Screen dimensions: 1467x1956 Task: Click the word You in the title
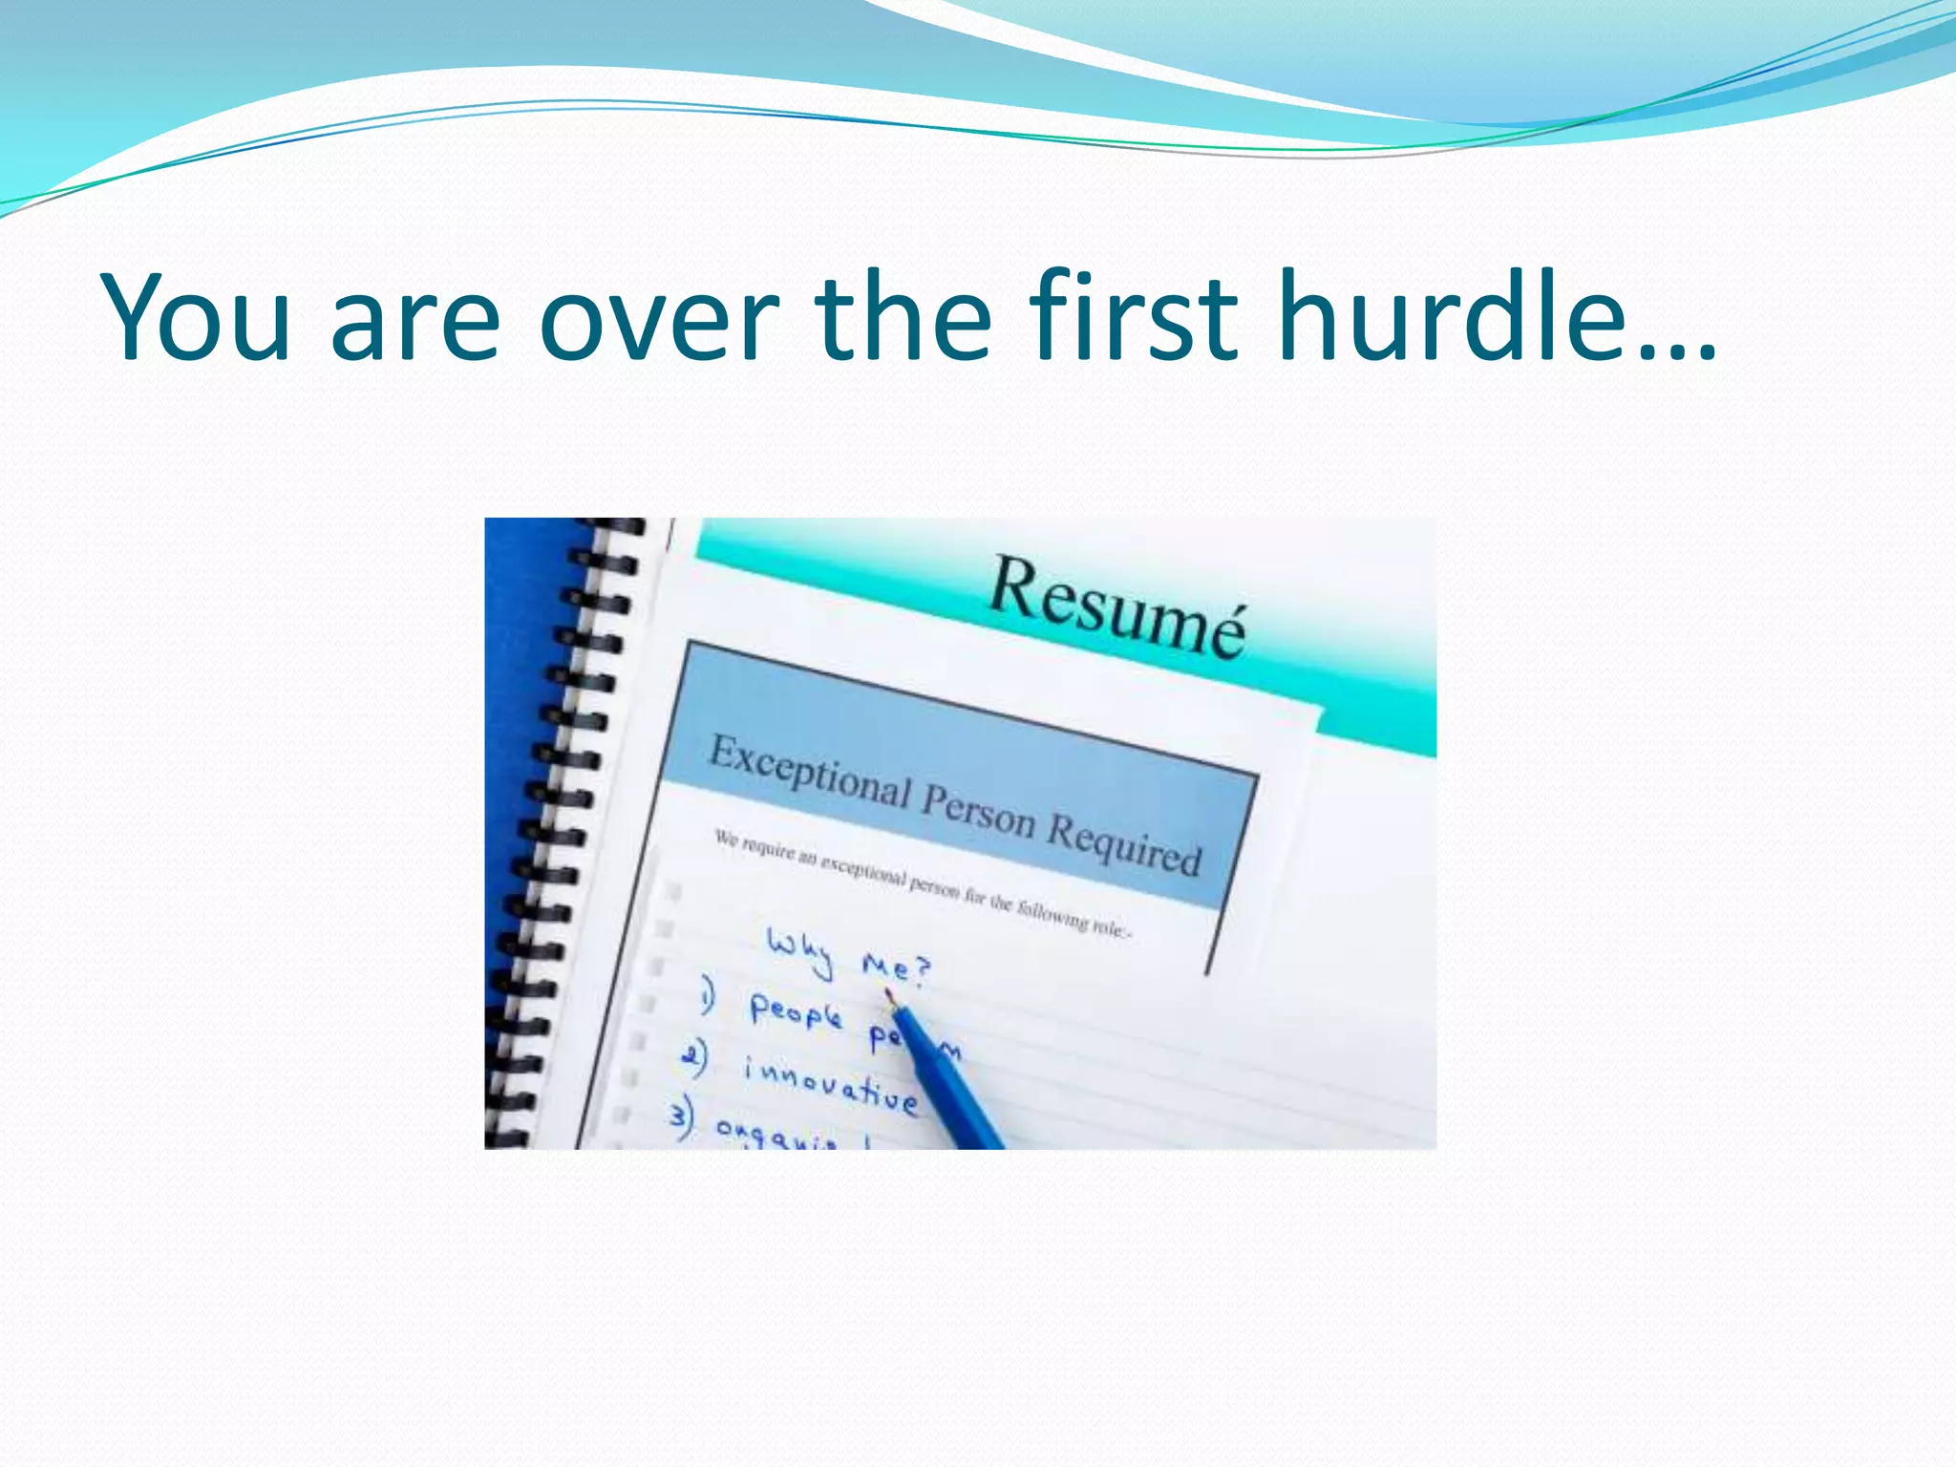(x=196, y=318)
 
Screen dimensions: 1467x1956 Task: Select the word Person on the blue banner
(x=978, y=813)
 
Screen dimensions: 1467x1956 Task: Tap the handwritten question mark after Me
(x=920, y=970)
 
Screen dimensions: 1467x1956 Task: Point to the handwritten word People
(x=796, y=1010)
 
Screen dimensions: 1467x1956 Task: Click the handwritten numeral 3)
(x=682, y=1119)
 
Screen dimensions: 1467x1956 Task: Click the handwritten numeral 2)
(x=694, y=1058)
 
